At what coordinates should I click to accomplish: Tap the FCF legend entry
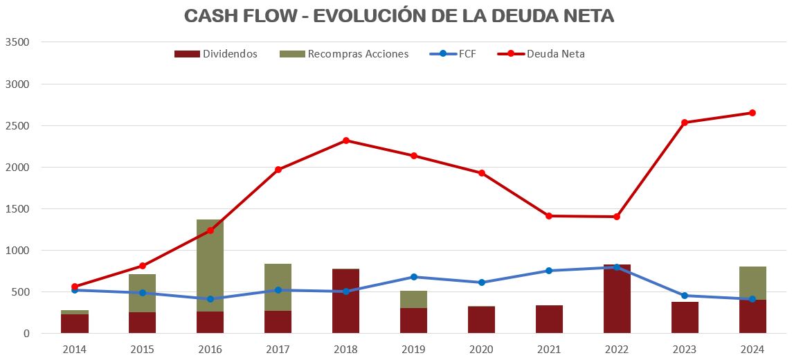click(467, 54)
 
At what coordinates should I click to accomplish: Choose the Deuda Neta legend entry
click(555, 54)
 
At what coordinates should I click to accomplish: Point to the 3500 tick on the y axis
click(17, 42)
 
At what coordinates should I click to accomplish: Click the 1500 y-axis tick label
click(17, 209)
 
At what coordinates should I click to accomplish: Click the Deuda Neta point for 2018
click(346, 141)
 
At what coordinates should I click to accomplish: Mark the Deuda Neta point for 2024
click(752, 113)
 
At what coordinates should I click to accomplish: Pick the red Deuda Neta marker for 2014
click(75, 287)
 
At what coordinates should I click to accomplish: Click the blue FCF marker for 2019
click(414, 277)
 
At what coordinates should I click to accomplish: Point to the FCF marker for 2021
click(549, 271)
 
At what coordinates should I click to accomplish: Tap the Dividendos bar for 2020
click(482, 320)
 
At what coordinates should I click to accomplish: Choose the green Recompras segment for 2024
click(752, 283)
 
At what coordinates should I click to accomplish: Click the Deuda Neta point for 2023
click(685, 123)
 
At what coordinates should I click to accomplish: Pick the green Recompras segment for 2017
click(278, 287)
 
